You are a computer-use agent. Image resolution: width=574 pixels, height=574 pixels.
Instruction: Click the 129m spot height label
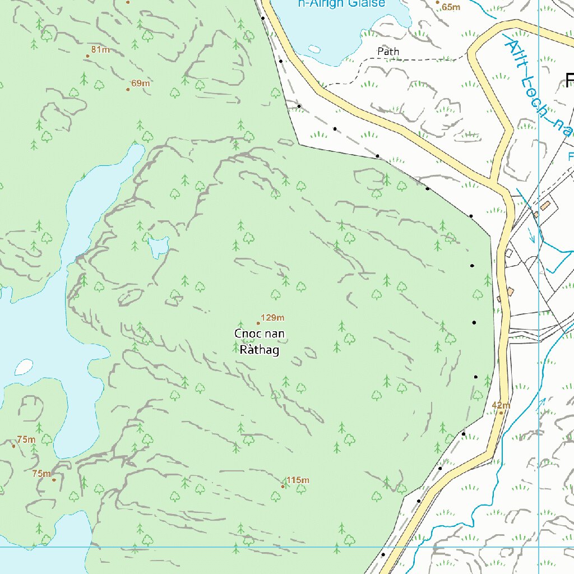273,318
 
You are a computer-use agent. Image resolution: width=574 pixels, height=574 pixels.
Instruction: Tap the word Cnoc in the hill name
245,334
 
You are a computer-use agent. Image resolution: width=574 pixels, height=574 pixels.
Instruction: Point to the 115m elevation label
298,480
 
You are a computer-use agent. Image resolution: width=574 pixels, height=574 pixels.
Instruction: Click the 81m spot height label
100,50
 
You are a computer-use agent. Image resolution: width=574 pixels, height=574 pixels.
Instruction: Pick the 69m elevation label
140,84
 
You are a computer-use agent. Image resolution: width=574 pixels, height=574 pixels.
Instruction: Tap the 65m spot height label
451,7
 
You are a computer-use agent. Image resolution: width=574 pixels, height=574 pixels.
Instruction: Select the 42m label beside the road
501,405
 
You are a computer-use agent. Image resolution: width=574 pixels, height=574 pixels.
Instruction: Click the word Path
388,52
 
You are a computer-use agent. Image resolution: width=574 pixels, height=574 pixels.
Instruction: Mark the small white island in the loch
23,367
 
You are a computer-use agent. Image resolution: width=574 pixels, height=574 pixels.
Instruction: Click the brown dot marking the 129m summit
258,323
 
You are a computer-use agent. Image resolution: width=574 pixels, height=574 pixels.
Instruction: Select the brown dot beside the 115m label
283,486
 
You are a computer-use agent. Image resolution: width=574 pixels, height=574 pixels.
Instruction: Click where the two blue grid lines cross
539,547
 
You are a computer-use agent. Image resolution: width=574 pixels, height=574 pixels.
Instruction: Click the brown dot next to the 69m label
128,89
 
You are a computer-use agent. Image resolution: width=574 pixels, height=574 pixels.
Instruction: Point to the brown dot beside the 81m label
87,55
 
